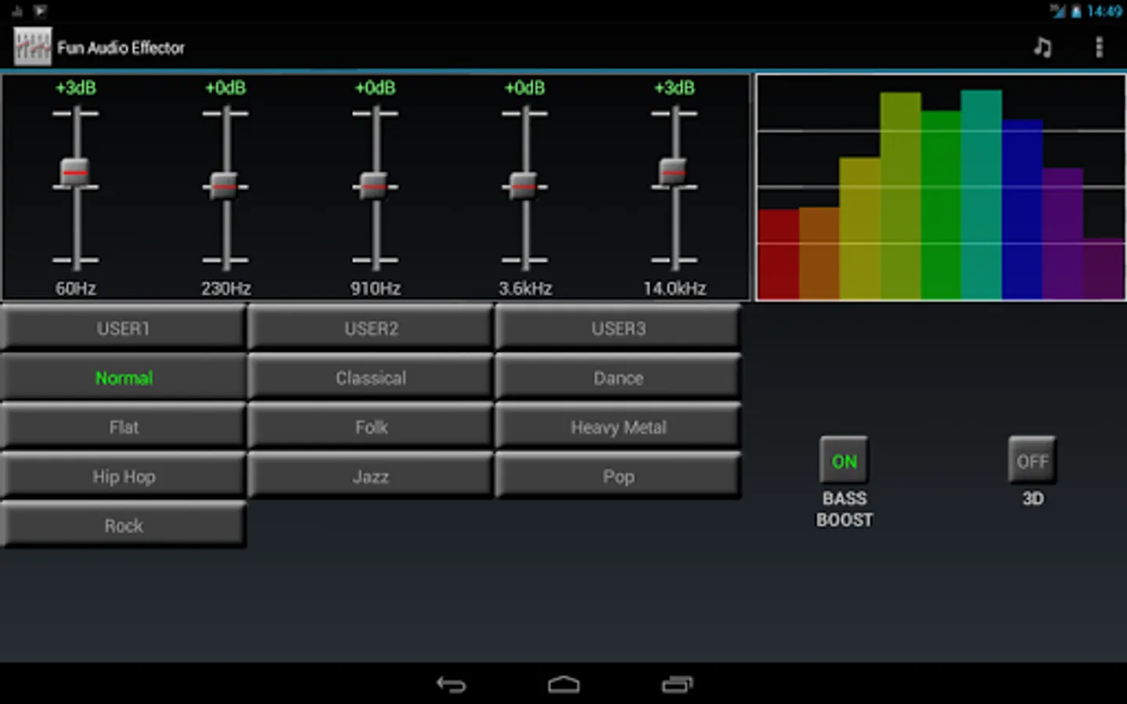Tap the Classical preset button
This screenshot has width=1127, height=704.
[x=370, y=378]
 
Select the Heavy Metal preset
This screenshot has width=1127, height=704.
[x=618, y=427]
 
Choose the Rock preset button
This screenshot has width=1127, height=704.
[x=124, y=526]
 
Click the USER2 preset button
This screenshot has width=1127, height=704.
[x=370, y=329]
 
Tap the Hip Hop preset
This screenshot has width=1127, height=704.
[x=124, y=476]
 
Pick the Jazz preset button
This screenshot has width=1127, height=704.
[x=370, y=476]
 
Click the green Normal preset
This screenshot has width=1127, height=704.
[x=124, y=378]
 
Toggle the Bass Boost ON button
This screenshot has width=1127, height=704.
[x=844, y=461]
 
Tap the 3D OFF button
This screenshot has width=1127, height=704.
[x=1032, y=461]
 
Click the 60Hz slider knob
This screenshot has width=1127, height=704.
[x=75, y=172]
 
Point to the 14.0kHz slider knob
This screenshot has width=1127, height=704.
[x=673, y=171]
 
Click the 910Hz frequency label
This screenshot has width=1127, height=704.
[x=376, y=289]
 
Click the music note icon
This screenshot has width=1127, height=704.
[x=1042, y=48]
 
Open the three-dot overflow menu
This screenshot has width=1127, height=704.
[x=1099, y=48]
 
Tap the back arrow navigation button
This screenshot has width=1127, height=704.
[x=451, y=684]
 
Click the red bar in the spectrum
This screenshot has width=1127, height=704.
[x=778, y=254]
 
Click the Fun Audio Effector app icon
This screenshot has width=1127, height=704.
[x=32, y=47]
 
